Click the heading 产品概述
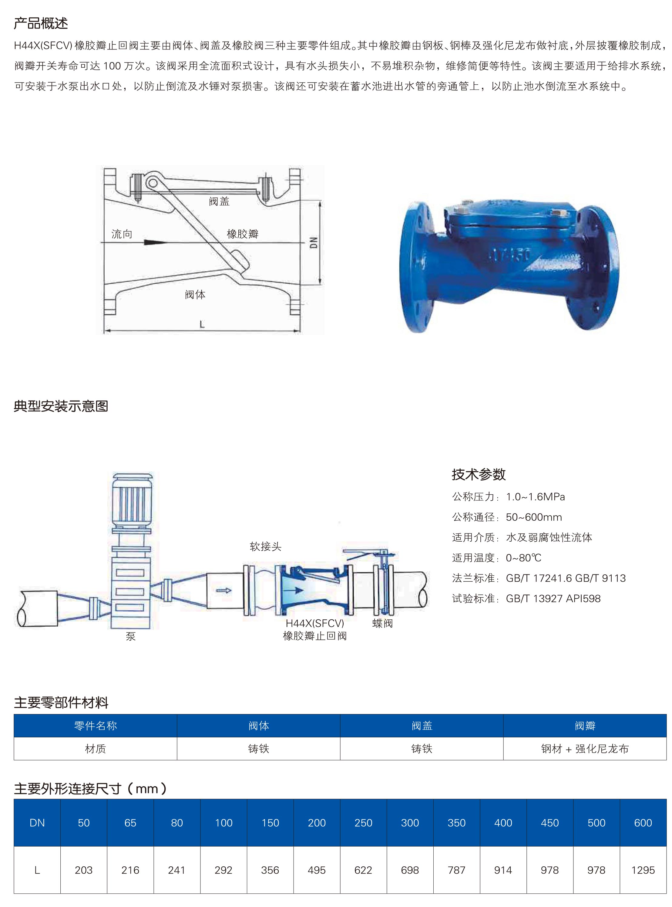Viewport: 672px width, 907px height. (41, 23)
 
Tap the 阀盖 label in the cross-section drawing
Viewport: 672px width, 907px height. (219, 201)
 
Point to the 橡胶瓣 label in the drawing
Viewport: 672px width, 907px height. (242, 234)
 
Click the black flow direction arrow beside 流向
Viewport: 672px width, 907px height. (155, 243)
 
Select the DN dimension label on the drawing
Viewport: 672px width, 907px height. (313, 243)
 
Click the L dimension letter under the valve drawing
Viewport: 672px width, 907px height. (202, 324)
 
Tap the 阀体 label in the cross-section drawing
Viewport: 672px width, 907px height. (195, 294)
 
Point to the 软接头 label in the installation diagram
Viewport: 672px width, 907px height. (265, 546)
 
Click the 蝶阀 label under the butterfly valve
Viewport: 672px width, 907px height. (382, 623)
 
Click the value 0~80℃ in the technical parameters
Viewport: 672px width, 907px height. (523, 558)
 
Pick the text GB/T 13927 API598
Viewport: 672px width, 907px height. (553, 598)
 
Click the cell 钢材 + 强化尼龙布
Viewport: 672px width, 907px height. (585, 749)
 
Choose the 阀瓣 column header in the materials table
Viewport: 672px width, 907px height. (585, 726)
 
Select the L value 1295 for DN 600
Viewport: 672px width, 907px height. (643, 870)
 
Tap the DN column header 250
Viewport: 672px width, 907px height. (363, 823)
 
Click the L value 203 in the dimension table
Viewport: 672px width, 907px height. (83, 870)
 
